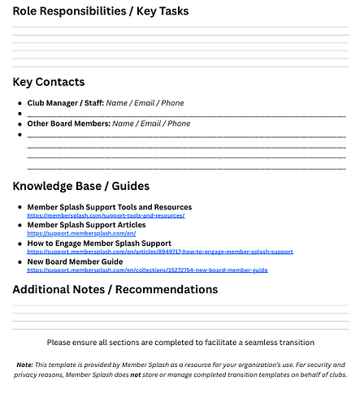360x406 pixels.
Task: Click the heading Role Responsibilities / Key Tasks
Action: (101, 11)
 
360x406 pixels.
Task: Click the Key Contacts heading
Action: (48, 82)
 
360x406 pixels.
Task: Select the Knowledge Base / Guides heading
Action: (80, 186)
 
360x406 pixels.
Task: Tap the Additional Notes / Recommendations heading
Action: (116, 289)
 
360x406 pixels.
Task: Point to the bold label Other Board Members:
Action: (68, 123)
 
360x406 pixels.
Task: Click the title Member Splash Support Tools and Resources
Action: (109, 207)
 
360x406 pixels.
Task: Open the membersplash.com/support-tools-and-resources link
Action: (106, 215)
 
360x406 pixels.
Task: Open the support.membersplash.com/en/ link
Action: (81, 233)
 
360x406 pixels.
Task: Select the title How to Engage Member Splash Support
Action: (99, 243)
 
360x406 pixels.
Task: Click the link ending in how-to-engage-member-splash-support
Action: (160, 252)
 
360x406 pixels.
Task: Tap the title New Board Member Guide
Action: (75, 261)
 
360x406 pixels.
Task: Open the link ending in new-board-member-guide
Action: (147, 270)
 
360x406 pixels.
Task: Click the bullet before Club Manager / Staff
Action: (20, 104)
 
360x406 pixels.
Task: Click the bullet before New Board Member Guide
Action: (20, 262)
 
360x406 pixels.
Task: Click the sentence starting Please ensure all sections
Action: (180, 343)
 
